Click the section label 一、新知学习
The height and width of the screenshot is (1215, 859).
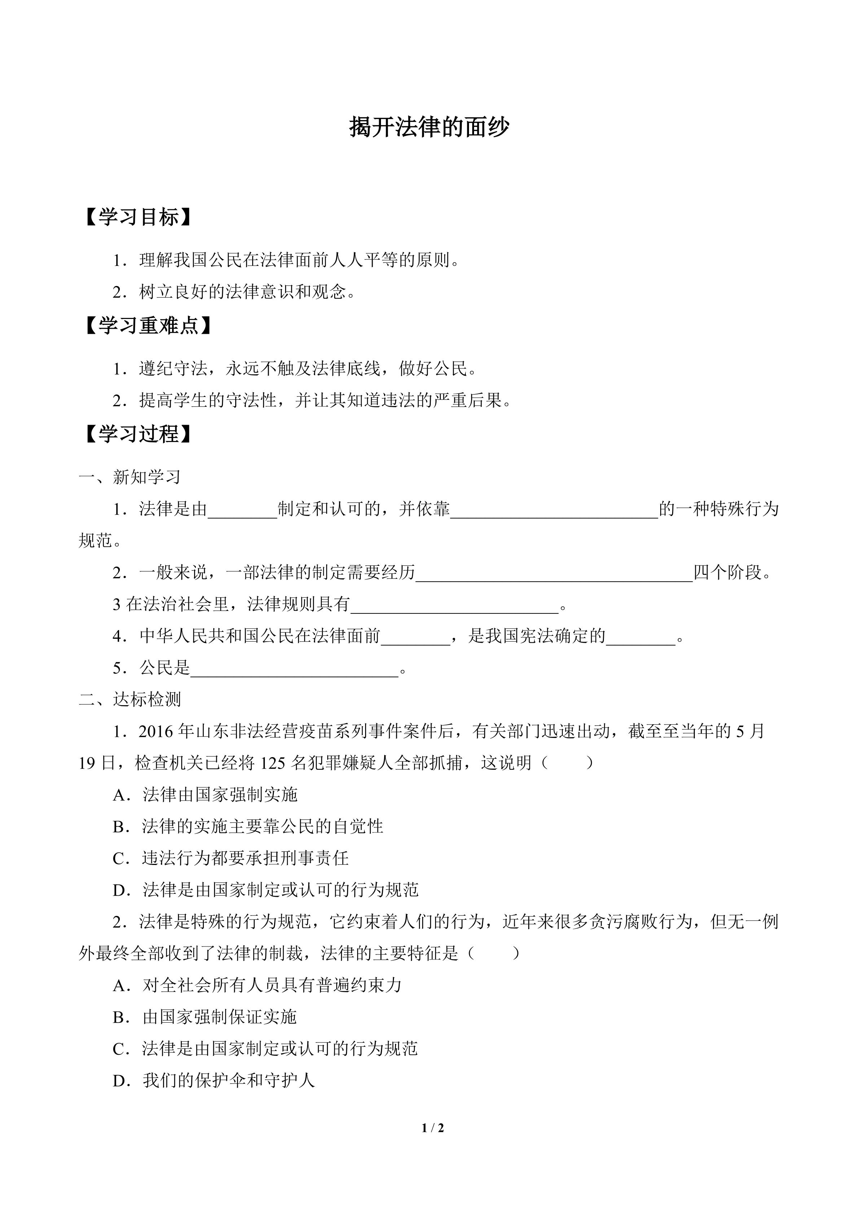click(130, 477)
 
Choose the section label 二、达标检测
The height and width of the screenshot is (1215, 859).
click(130, 700)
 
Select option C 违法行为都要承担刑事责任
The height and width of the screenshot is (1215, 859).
click(245, 858)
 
